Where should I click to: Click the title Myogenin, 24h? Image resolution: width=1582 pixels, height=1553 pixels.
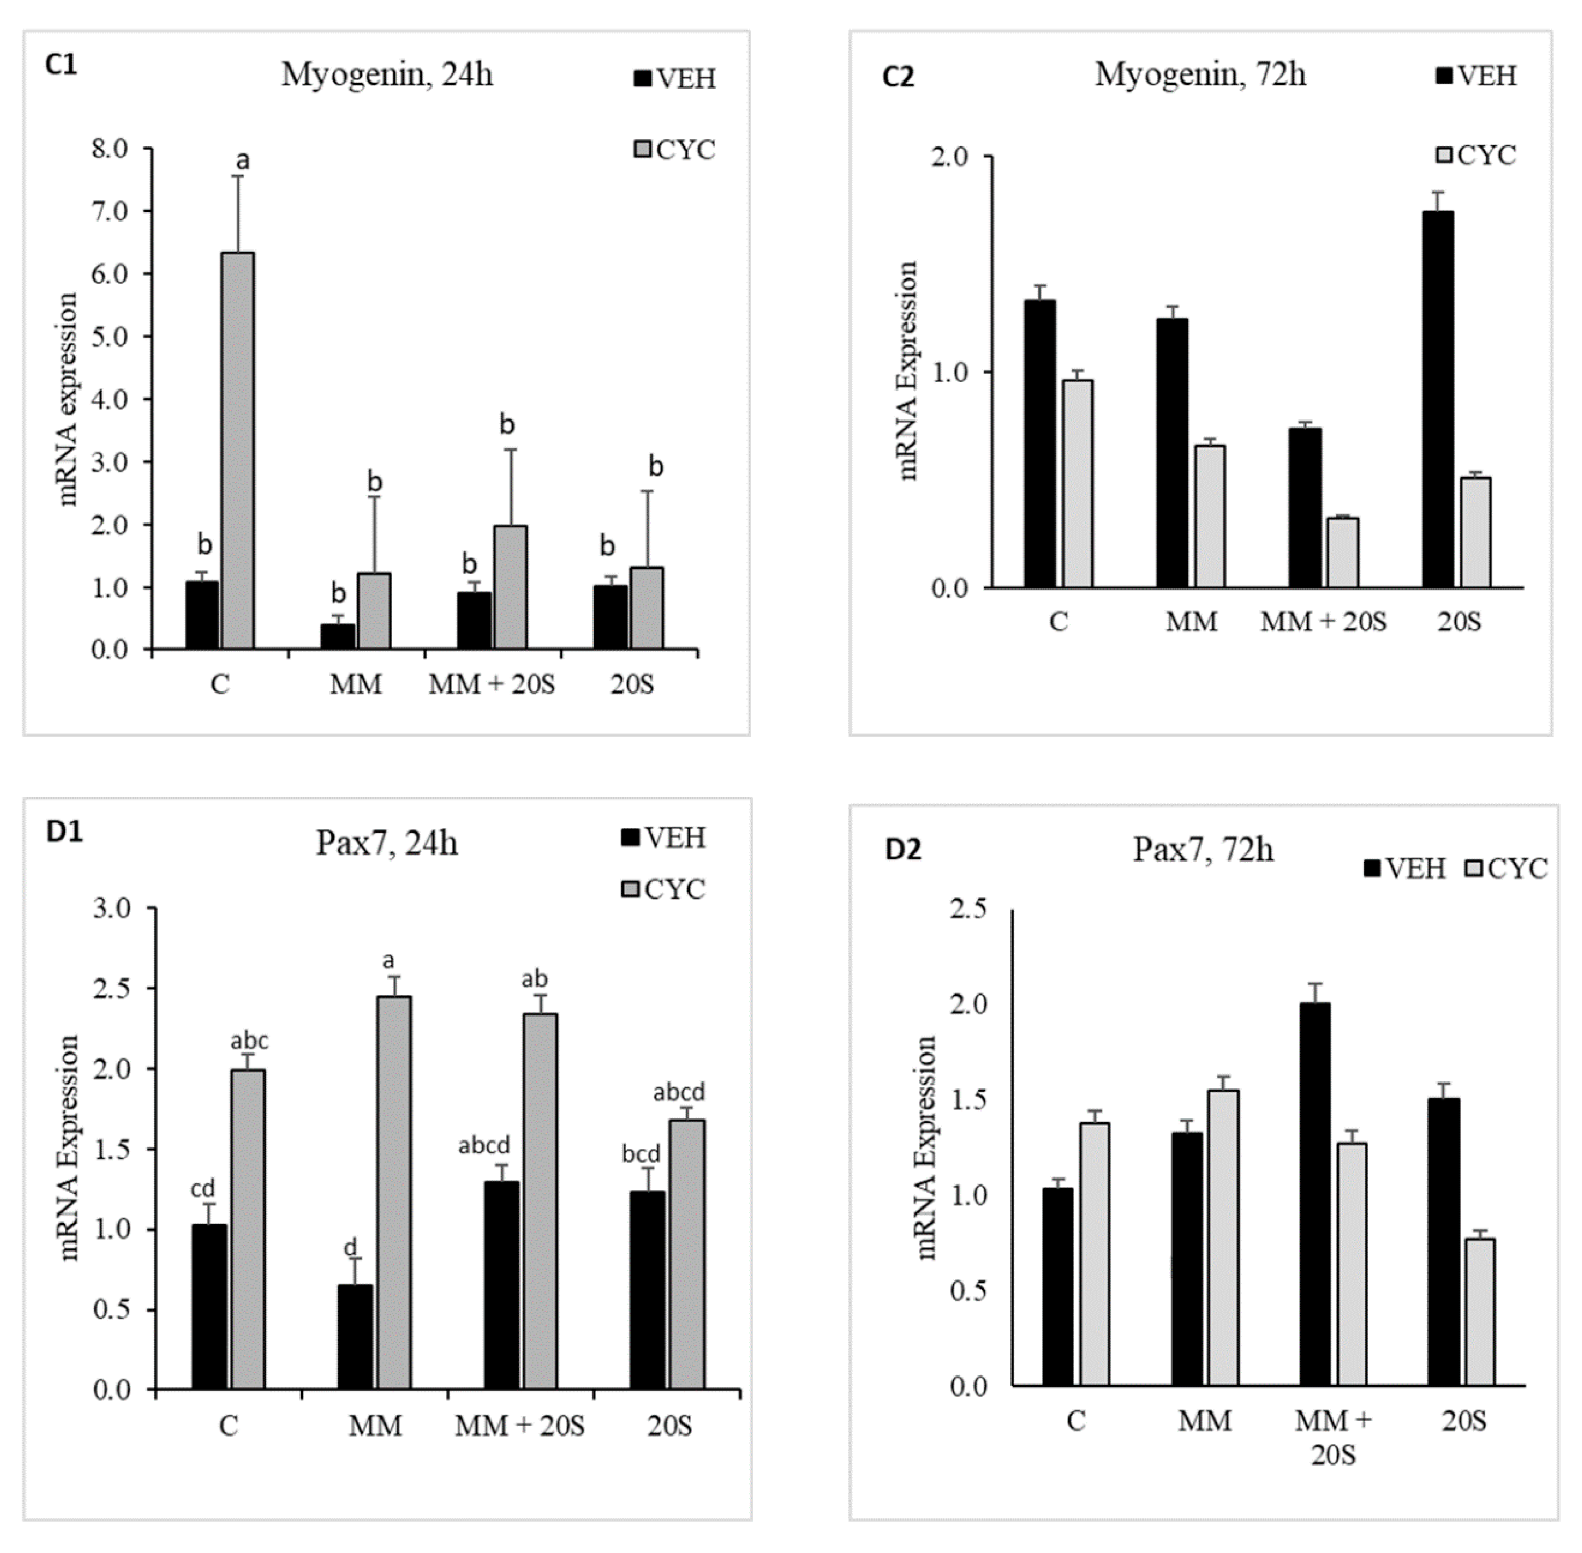point(387,75)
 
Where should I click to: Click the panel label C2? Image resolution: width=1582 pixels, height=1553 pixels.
point(898,77)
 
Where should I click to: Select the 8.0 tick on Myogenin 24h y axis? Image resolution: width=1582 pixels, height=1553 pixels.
point(109,149)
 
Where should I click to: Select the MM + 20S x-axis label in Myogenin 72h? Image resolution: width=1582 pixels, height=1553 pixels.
point(1323,622)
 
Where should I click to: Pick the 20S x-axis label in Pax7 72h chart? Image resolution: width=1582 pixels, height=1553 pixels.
point(1464,1422)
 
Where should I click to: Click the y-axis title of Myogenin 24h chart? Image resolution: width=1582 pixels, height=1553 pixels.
point(68,399)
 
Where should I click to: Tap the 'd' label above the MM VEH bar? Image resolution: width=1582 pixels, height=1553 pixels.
point(350,1247)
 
